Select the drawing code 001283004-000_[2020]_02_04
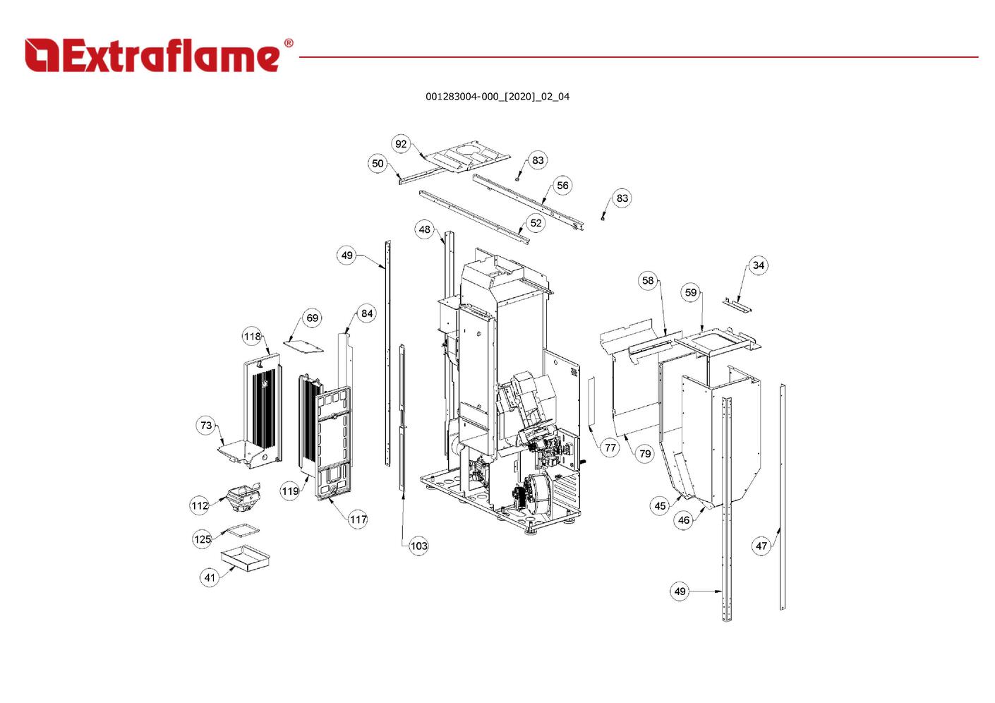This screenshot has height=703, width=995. point(497,97)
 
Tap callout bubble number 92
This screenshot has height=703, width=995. point(401,144)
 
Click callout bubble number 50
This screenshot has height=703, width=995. point(378,164)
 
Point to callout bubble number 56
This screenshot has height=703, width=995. point(562,186)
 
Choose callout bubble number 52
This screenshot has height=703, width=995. point(536,222)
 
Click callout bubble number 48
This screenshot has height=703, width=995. point(424,229)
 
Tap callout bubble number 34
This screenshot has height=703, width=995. point(758,265)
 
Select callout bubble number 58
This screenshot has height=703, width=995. point(648,280)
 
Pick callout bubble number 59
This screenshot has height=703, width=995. point(690,292)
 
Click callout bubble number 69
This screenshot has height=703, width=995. point(313,318)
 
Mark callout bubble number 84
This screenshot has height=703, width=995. point(366,313)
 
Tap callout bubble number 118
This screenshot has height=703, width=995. point(253,337)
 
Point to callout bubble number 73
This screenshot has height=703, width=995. point(205,426)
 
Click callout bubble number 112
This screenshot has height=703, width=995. point(200,505)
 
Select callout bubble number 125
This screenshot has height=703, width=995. point(202,539)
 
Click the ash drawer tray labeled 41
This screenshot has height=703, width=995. point(245,558)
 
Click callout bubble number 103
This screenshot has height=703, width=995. point(418,546)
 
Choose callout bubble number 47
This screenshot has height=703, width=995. point(761,546)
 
